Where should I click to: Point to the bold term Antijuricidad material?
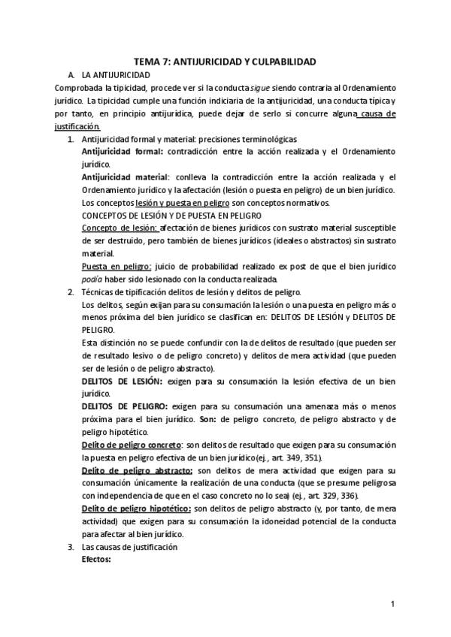click(x=125, y=177)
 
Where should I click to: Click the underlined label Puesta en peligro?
click(x=116, y=266)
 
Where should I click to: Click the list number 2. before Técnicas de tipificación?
click(x=71, y=291)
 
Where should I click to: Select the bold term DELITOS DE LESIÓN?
click(x=122, y=381)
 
